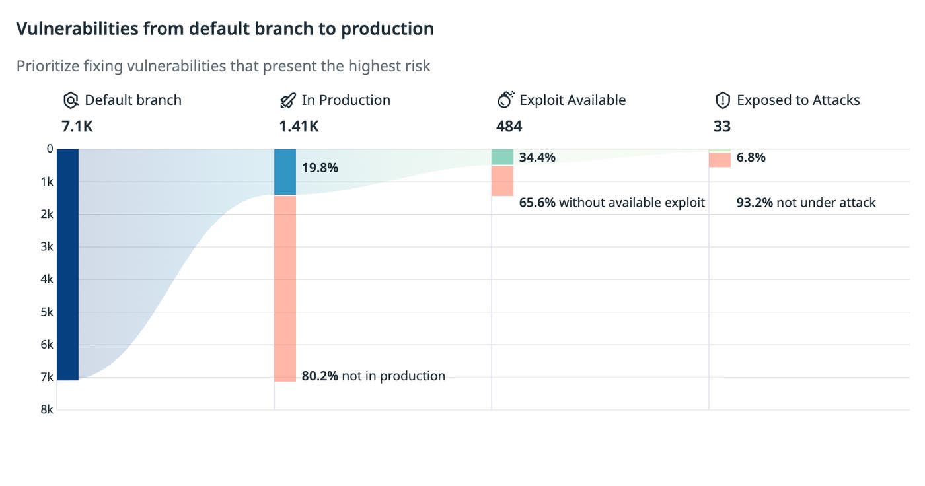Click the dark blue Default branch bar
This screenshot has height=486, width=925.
point(67,264)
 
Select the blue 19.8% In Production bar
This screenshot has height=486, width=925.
point(285,172)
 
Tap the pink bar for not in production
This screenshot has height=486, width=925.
point(285,288)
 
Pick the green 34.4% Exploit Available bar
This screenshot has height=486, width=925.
point(502,157)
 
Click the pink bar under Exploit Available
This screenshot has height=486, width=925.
point(502,180)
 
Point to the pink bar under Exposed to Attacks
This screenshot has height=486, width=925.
point(720,160)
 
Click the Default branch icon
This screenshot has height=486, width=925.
point(71,100)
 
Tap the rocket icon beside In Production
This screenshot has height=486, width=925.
point(288,100)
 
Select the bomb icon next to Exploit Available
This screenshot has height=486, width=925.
point(505,100)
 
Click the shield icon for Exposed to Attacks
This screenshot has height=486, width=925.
point(723,100)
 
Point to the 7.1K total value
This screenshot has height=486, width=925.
point(77,126)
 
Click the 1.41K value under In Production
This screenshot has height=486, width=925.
point(299,126)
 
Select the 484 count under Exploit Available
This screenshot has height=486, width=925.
point(509,126)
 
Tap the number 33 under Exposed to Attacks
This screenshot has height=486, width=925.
point(721,126)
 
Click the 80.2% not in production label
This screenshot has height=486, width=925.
point(373,376)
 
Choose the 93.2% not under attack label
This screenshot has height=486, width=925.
point(806,203)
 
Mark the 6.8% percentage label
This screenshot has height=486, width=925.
point(751,157)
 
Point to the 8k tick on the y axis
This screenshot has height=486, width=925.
point(46,409)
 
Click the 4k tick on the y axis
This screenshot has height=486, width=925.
point(46,279)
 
